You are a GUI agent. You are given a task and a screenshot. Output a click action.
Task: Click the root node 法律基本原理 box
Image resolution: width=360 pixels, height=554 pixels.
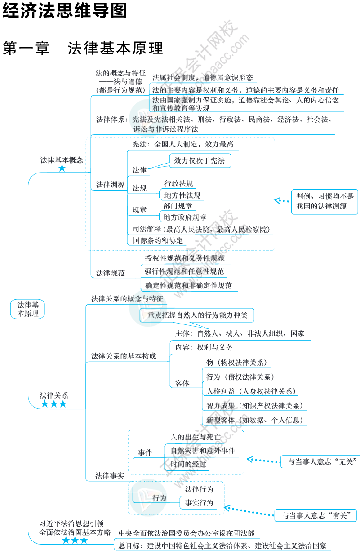pos(28,309)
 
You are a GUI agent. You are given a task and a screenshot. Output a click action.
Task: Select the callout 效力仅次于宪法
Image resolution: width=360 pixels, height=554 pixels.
pos(200,160)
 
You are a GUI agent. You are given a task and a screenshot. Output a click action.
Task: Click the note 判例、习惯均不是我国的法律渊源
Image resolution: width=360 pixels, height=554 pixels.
pos(324,201)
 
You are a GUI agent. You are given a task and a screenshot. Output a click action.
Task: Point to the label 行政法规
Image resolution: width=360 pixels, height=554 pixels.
pos(178,183)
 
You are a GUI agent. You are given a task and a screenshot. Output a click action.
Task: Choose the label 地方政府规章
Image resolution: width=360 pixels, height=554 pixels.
pos(185,217)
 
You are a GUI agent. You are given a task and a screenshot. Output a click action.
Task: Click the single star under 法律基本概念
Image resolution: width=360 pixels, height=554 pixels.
pos(62,168)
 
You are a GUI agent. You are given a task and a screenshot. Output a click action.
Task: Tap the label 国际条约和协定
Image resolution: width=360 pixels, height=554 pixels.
pos(158,240)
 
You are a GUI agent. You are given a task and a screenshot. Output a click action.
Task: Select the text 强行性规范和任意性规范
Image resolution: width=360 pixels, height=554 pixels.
pos(184,271)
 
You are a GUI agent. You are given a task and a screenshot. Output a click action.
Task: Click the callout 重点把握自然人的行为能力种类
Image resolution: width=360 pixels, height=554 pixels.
pos(197,315)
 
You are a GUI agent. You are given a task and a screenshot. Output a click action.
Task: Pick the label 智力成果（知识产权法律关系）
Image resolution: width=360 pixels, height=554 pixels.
pos(254,406)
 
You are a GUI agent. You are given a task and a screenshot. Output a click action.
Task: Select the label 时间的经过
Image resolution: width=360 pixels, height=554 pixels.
pos(188,464)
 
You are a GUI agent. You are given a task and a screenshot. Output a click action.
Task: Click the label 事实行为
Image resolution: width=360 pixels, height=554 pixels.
pos(199,503)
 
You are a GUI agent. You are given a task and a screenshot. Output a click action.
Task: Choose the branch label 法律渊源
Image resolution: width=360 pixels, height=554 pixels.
pos(110,185)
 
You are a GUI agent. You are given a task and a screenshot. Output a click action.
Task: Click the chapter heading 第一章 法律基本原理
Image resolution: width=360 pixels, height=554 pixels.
pos(83,49)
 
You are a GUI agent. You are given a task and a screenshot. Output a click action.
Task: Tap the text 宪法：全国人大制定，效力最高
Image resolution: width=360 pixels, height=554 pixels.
pos(183,145)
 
